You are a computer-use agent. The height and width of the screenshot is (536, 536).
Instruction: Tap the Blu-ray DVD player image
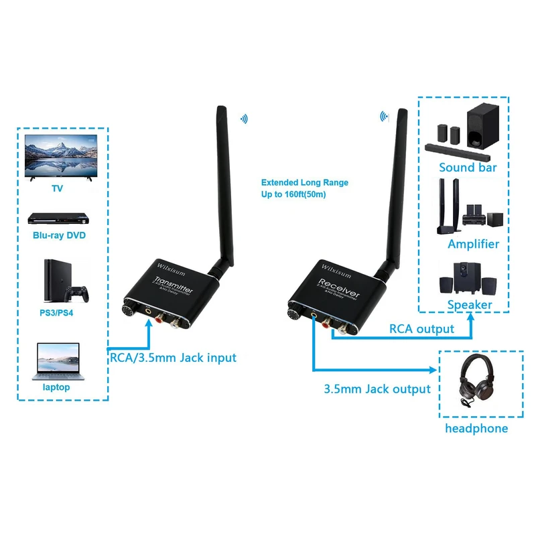tap(58, 218)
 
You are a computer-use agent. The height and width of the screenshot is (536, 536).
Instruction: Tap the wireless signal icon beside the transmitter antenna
tap(244, 119)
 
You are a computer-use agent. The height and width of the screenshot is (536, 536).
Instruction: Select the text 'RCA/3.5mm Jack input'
tap(173, 358)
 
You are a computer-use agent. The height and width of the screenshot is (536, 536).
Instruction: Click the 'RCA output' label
tap(421, 329)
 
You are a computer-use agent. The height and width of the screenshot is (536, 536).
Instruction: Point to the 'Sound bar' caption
tap(468, 167)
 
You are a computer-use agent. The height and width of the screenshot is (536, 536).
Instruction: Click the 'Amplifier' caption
tap(473, 244)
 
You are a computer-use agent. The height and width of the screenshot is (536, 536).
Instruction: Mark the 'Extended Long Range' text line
tap(304, 182)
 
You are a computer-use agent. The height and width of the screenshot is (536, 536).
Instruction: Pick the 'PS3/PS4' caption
tap(60, 311)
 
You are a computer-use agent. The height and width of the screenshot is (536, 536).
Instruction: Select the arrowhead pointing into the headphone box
tap(433, 369)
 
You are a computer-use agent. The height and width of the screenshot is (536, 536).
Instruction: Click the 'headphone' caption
tap(476, 428)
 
